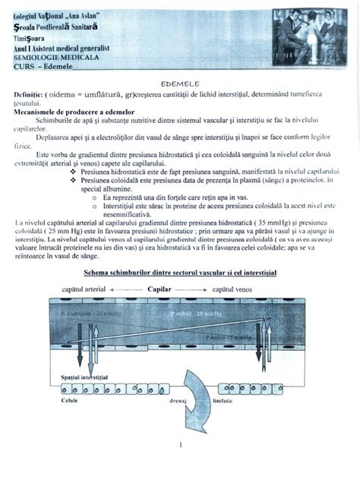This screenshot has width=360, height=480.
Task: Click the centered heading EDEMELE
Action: [x=179, y=80]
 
